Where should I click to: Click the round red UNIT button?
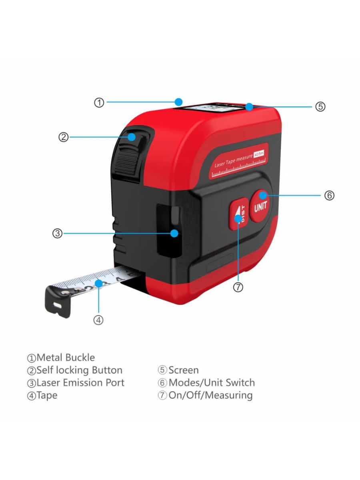(x=260, y=206)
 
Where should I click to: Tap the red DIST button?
(x=237, y=215)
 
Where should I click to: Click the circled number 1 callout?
(x=99, y=102)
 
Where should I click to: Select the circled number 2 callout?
(x=64, y=137)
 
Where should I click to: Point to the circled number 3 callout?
(x=58, y=233)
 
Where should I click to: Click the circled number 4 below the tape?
(x=99, y=320)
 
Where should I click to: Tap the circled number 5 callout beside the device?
(x=320, y=107)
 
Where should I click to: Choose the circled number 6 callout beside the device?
(x=329, y=196)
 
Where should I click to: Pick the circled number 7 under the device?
(x=238, y=287)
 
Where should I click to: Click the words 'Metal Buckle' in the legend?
(x=66, y=357)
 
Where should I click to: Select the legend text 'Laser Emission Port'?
(x=80, y=383)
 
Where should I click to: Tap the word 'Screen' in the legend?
(x=183, y=370)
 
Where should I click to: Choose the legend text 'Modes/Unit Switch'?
(x=211, y=383)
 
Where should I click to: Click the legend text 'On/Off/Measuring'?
(x=210, y=396)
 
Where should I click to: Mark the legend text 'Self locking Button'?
(x=79, y=370)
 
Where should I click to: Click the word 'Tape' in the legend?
(x=47, y=396)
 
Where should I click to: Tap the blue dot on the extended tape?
(x=98, y=283)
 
